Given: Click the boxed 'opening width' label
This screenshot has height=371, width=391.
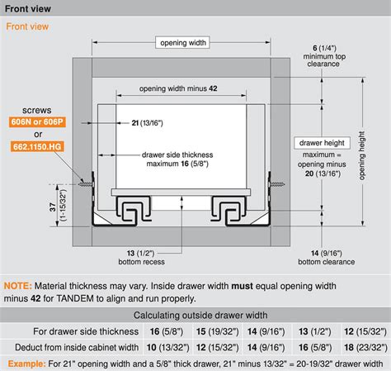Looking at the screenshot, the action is (x=182, y=43).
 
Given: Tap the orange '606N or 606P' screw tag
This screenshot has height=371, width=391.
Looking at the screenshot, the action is (x=37, y=121).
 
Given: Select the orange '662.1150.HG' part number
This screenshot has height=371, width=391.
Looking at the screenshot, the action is (x=37, y=146).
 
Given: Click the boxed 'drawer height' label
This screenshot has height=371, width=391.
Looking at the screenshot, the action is (x=322, y=143).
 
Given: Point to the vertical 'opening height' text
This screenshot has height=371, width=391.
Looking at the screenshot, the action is (x=362, y=155).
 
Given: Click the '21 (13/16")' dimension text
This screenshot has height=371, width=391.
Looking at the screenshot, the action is (x=147, y=123).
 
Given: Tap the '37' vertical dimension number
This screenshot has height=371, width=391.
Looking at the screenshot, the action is (x=53, y=207).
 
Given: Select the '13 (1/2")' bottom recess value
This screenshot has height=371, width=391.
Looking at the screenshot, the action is (x=140, y=253).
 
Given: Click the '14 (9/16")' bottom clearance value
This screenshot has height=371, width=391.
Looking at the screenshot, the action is (x=327, y=253).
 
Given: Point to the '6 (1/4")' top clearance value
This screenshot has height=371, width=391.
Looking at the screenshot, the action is (x=324, y=48).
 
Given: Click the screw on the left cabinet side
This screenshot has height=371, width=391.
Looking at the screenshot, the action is (x=86, y=183).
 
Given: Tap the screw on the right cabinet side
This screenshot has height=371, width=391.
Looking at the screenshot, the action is (x=276, y=184).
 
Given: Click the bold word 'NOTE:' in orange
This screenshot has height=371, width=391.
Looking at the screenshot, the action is (x=18, y=286).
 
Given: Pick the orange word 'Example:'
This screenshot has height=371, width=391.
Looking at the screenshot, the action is (x=26, y=364).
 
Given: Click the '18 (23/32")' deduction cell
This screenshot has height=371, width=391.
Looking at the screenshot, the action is (x=365, y=347).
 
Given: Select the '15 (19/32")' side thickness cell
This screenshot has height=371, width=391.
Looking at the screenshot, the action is (x=217, y=331).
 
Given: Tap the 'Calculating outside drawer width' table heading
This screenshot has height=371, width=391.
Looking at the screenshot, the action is (x=200, y=315).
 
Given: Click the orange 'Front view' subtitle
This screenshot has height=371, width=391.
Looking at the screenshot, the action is (x=27, y=26).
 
